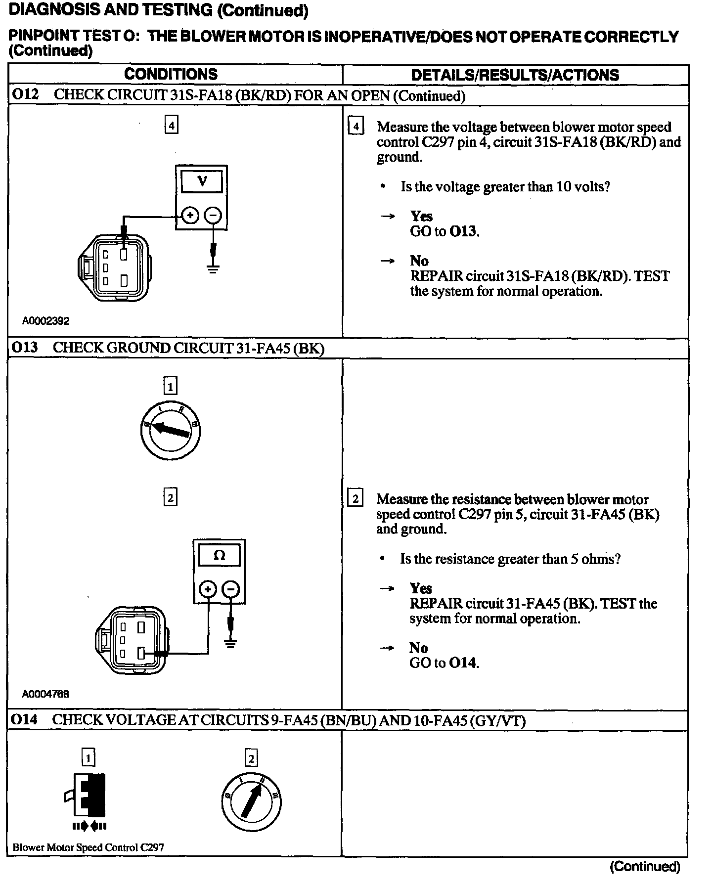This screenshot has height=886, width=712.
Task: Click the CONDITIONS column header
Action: pos(171,74)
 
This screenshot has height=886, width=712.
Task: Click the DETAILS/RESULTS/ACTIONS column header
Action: pos(515,75)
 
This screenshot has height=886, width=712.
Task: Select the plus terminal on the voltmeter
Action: pos(190,216)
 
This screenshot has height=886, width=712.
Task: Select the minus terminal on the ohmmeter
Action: pos(230,589)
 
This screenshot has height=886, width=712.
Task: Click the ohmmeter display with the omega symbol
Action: pos(219,555)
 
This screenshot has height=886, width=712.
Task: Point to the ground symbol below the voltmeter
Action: pos(213,269)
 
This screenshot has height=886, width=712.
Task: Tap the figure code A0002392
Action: pos(45,321)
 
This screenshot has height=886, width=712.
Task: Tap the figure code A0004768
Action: pos(45,694)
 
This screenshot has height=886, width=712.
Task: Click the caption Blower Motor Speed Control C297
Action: pos(88,847)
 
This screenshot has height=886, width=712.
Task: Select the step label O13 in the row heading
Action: pos(25,348)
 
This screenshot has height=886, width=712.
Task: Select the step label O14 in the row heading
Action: pos(25,720)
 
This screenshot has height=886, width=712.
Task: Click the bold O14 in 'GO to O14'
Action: pos(463,663)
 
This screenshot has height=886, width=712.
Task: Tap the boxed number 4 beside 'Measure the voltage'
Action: pos(356,127)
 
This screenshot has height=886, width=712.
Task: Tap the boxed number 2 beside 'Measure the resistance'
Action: pos(355,498)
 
